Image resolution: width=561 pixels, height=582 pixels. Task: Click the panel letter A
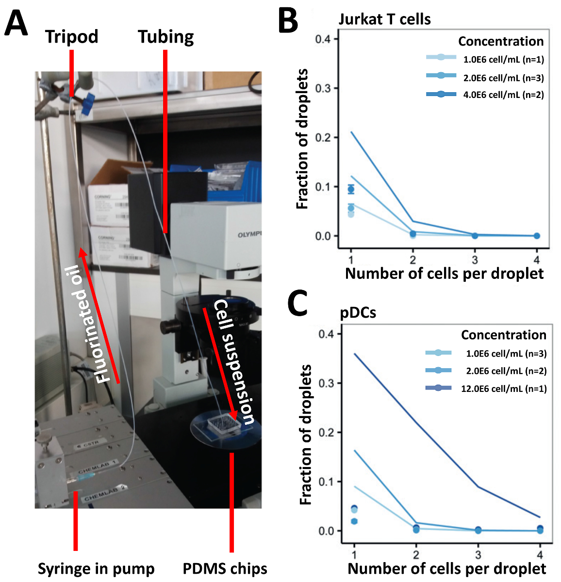16,24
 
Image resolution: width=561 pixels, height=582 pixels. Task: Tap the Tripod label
72,36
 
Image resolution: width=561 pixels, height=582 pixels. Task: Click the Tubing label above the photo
165,36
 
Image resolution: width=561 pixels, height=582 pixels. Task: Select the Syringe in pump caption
96,568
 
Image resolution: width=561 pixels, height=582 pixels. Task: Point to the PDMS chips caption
225,568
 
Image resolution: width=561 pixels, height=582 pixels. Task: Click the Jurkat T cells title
384,19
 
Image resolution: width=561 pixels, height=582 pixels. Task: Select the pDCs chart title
358,313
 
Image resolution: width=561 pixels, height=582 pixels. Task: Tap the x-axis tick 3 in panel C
478,554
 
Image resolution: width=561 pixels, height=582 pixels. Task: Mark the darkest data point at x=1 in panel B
351,189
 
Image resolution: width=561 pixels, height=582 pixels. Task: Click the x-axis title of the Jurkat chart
444,274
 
